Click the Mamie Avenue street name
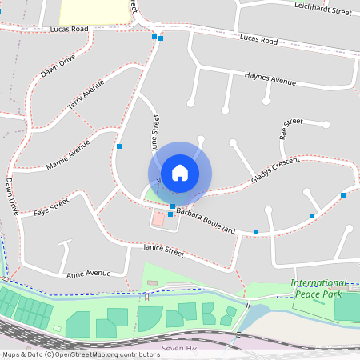tap(69, 149)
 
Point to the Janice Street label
tap(163, 252)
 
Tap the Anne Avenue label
tap(88, 273)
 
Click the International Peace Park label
tap(319, 289)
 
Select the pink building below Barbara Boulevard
tap(158, 218)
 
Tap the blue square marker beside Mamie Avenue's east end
tap(119, 146)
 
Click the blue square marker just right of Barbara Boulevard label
tap(256, 232)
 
